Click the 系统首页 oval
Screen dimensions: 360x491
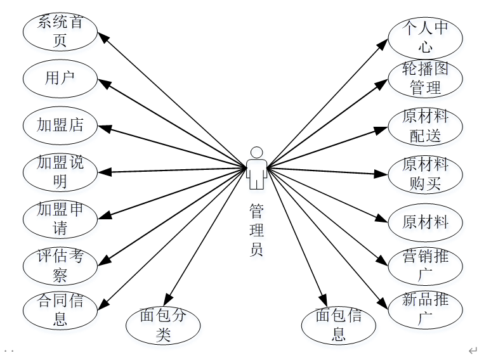point(60,32)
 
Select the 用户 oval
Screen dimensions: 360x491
point(60,79)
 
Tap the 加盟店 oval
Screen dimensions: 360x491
point(60,125)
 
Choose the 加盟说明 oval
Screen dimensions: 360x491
point(60,172)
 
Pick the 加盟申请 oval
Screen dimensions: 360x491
point(60,218)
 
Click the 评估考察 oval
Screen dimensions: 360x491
point(60,265)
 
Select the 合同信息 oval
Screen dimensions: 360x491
point(60,310)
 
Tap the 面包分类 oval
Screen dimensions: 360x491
point(164,325)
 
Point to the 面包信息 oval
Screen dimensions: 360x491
point(339,325)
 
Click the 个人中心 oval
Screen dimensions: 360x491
point(426,37)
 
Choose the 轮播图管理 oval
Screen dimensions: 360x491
point(426,78)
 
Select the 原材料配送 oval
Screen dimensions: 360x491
point(426,125)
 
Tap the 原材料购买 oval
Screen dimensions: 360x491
point(426,174)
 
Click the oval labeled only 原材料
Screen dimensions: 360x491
point(426,221)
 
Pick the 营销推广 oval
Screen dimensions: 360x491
point(426,266)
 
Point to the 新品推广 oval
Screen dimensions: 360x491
point(426,309)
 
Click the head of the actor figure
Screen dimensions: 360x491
point(256,153)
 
